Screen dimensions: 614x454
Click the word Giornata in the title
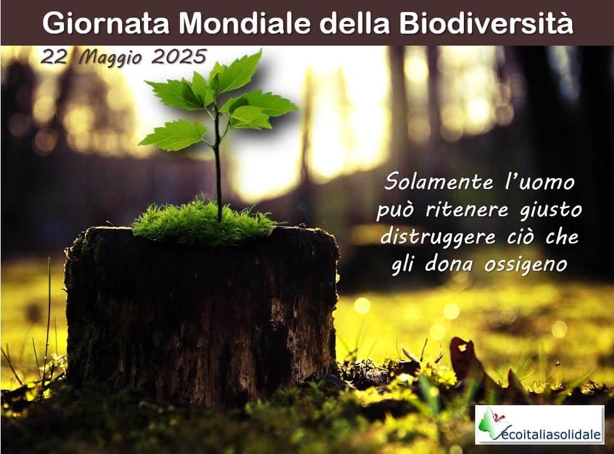pyautogui.click(x=106, y=24)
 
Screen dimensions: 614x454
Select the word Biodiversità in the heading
pyautogui.click(x=487, y=23)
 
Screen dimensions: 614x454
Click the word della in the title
pyautogui.click(x=355, y=23)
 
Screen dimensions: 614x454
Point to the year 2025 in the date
pyautogui.click(x=179, y=57)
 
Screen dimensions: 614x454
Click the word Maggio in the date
pyautogui.click(x=110, y=58)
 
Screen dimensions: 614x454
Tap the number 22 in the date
pyautogui.click(x=54, y=58)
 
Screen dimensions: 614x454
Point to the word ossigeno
pyautogui.click(x=525, y=265)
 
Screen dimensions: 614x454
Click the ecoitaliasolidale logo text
pyautogui.click(x=551, y=434)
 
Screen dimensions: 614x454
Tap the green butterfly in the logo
pyautogui.click(x=489, y=424)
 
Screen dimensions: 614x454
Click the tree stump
pyautogui.click(x=201, y=313)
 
